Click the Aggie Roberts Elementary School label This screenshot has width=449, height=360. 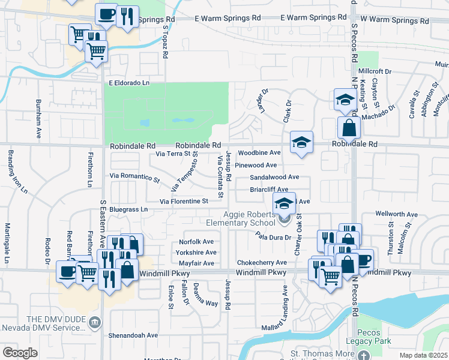tap(249, 219)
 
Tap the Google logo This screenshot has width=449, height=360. tap(20, 353)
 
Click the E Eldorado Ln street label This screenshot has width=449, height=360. tap(128, 83)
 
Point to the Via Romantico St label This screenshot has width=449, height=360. tap(135, 177)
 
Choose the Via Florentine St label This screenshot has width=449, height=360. tap(183, 201)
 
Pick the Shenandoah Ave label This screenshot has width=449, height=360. tap(133, 335)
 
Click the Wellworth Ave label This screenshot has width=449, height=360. tap(396, 214)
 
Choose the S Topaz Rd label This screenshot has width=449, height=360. tap(165, 41)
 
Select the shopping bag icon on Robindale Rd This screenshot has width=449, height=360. tap(349, 128)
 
